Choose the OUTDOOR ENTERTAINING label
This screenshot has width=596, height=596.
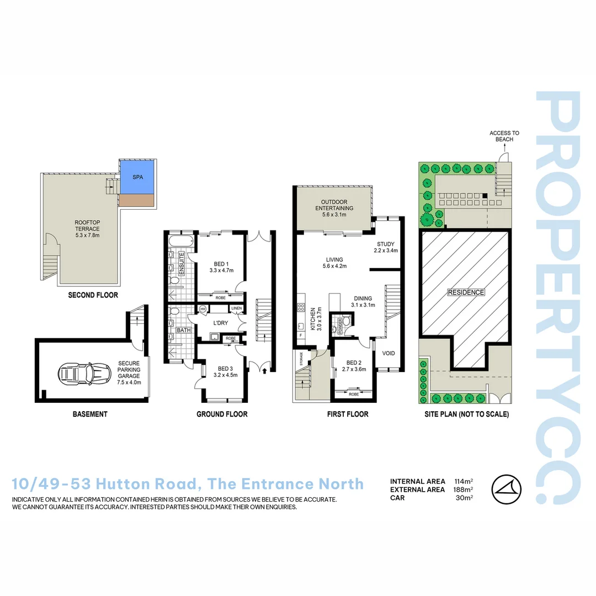click(334, 204)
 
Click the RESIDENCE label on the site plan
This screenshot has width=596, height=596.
click(466, 292)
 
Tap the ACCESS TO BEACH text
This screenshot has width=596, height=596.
click(504, 136)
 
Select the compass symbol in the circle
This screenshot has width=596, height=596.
click(507, 489)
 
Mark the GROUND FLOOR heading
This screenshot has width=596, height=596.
click(222, 414)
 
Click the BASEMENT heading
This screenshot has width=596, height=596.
click(90, 414)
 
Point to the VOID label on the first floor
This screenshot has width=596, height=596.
click(389, 354)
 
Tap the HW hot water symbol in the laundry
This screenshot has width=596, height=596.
click(203, 309)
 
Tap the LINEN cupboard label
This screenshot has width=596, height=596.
click(236, 308)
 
